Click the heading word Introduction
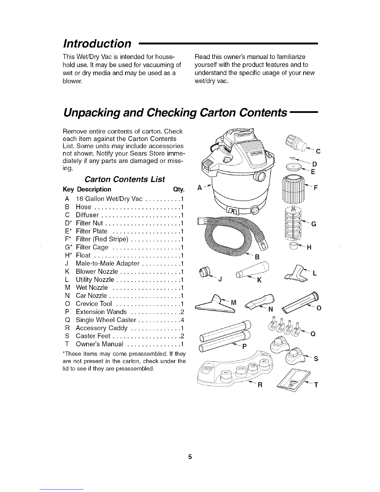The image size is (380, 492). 97,43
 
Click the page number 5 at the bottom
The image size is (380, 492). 190,457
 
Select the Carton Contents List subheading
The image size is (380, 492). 125,179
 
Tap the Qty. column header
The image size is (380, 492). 179,189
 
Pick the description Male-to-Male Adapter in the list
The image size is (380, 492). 107,263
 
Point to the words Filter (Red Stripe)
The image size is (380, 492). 102,239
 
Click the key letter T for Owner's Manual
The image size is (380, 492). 67,344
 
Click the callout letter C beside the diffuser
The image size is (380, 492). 318,151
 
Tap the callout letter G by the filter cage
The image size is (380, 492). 314,224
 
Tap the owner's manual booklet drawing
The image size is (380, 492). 294,380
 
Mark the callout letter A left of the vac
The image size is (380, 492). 199,188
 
